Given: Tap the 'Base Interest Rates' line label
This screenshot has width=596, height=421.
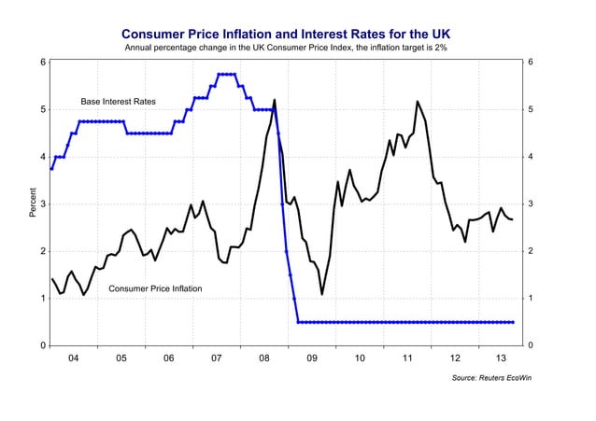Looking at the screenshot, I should pos(118,101).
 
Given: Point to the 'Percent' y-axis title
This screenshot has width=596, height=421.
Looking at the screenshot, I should pos(33,204).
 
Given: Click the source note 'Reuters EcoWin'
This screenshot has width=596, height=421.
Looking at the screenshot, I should pos(485,378).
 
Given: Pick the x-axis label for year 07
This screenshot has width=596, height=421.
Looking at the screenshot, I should pos(216,358).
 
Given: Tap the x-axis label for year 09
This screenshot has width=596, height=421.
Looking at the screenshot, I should pos(312,358).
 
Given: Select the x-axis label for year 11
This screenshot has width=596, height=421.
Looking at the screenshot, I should pos(408,358).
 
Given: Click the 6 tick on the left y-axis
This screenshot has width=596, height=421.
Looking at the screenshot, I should pos(43,63).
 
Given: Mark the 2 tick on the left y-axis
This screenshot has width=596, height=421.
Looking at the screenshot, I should pos(43,251).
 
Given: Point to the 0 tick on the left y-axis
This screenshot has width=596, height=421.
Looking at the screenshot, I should pos(43,345).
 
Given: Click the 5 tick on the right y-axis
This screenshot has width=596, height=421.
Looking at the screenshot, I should pos(531,110).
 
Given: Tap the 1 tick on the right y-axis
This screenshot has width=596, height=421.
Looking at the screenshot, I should pos(531,299).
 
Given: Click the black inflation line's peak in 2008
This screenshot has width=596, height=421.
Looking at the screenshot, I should pos(275,100).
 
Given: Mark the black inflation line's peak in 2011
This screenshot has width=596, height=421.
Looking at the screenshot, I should pos(417,101).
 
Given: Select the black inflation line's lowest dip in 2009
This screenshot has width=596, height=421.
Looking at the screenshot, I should pos(322,295).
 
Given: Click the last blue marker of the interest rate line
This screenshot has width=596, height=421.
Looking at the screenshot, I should pos(514,322).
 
